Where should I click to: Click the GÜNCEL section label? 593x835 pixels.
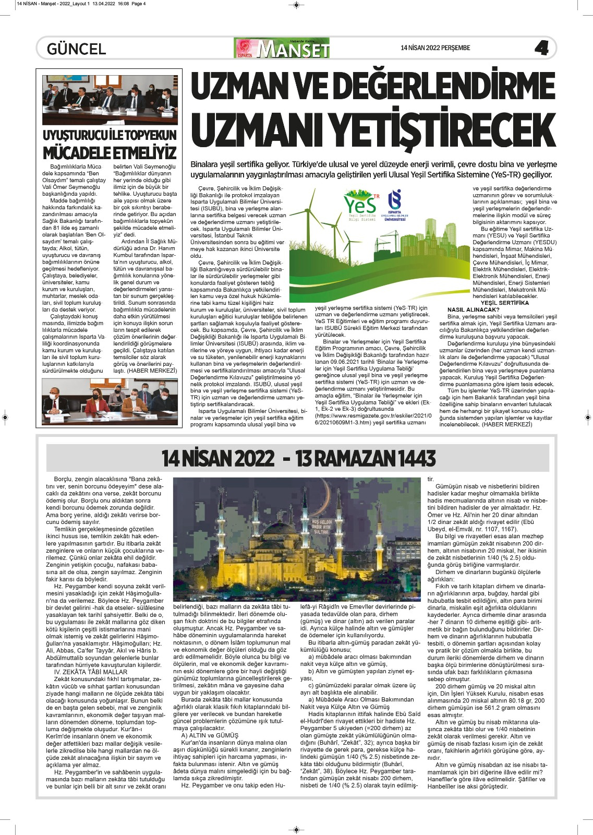[76, 49]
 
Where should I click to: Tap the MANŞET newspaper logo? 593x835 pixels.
[282, 49]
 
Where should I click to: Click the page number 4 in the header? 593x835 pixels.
[541, 49]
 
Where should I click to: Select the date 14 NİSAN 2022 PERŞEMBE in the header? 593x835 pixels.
[435, 48]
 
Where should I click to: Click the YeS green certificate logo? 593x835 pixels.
[361, 205]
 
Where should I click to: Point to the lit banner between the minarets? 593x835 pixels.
[322, 526]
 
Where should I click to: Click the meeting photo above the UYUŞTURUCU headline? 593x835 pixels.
[110, 100]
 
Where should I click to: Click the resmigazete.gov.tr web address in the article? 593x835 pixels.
[373, 416]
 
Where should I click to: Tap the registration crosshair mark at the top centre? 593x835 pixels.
[296, 5]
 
